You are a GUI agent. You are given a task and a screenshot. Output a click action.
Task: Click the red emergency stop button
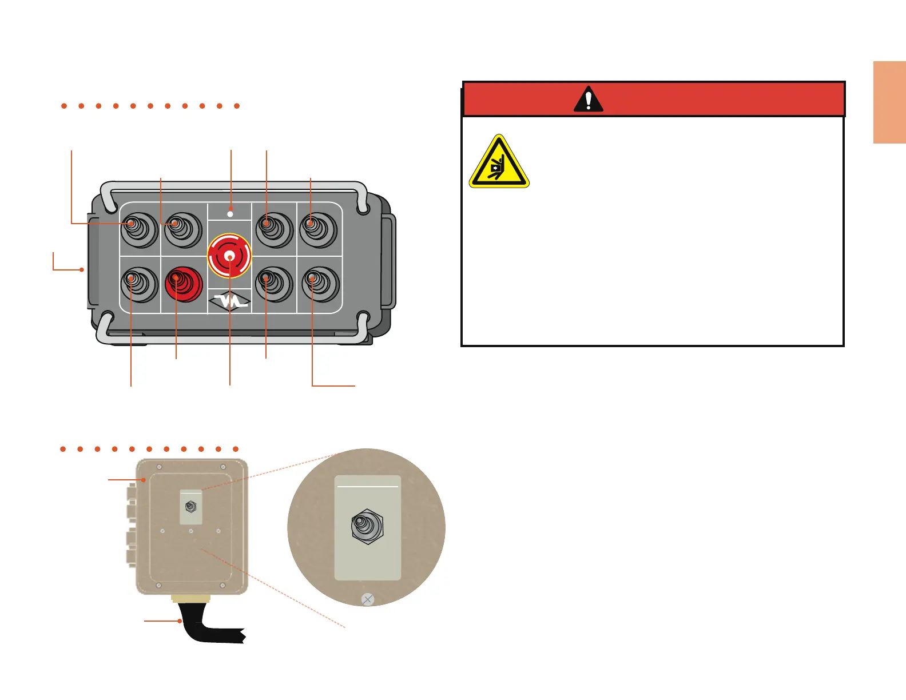click(229, 256)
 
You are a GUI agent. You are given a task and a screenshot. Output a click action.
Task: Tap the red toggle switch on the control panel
click(183, 283)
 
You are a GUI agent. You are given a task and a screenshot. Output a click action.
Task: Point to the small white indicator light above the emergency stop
click(230, 213)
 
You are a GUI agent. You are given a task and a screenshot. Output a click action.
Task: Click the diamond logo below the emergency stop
click(230, 301)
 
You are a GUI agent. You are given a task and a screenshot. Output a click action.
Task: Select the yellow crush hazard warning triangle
click(499, 163)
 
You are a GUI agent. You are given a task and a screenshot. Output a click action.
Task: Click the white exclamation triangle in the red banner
click(588, 100)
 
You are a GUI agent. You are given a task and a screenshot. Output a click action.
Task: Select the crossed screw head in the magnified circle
click(368, 599)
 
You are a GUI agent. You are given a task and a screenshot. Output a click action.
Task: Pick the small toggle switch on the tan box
click(190, 507)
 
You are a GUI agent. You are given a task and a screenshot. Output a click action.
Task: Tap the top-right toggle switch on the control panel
click(319, 229)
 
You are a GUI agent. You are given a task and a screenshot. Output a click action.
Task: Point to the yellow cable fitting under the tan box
click(191, 599)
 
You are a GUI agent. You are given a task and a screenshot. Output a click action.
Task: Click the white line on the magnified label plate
click(368, 487)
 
